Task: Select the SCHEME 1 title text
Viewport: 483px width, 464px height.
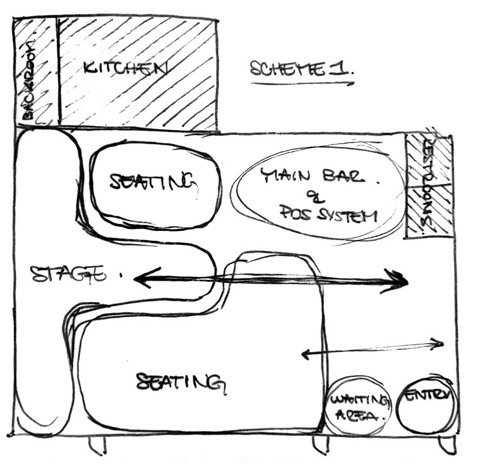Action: (x=301, y=69)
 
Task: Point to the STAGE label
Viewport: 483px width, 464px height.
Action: (x=67, y=274)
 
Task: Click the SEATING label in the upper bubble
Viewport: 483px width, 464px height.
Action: (x=152, y=182)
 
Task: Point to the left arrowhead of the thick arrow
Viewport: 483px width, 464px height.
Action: (x=143, y=278)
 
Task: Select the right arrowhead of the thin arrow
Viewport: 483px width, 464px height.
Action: (x=440, y=343)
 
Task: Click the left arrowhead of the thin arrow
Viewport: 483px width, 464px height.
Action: (x=304, y=355)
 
